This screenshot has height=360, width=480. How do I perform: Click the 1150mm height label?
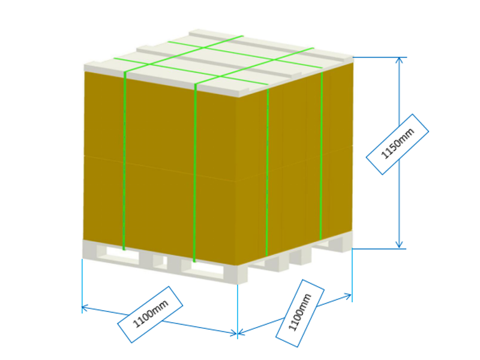(x=397, y=145)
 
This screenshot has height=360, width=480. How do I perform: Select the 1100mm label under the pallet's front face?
(x=150, y=314)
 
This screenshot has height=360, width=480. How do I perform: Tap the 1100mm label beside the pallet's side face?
(x=299, y=313)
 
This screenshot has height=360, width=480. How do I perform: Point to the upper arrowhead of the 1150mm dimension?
(x=399, y=61)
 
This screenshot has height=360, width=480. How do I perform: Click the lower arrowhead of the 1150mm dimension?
(x=399, y=244)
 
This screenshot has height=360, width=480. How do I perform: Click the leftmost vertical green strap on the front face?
(x=124, y=161)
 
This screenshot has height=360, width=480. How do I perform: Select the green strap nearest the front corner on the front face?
(x=195, y=173)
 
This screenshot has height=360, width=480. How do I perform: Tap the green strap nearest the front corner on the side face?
(x=267, y=172)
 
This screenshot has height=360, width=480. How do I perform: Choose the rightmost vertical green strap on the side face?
(x=321, y=156)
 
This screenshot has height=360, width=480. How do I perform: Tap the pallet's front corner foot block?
(x=242, y=274)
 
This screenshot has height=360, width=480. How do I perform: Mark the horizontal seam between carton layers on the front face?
(x=160, y=169)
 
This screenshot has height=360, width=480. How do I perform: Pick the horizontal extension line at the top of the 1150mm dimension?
(x=380, y=57)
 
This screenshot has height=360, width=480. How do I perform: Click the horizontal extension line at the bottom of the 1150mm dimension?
(x=379, y=249)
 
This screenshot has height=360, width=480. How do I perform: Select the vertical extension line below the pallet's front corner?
(x=238, y=311)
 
